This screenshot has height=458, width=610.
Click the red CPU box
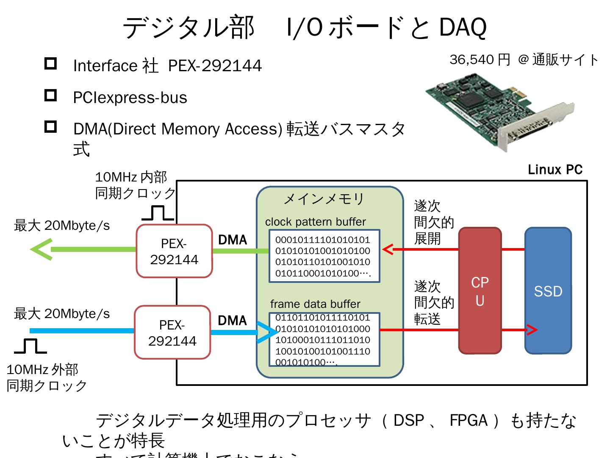pos(480,291)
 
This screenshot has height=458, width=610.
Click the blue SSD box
pos(548,291)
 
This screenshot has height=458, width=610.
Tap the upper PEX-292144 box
pos(174,251)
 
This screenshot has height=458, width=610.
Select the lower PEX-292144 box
pos(172,332)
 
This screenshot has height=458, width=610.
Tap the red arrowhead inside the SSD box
pos(532,330)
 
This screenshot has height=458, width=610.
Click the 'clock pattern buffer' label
pos(315,222)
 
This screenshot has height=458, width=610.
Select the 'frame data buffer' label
pos(315,304)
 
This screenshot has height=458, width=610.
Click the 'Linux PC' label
pos(555,170)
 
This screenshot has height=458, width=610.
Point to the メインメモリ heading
pos(324,198)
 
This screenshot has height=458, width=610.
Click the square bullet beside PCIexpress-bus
pos(50,95)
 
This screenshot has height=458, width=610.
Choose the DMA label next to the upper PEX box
pos(233,240)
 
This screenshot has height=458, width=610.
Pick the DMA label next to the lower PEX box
pos(232,321)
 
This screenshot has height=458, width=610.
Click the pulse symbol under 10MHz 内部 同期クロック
pos(158,213)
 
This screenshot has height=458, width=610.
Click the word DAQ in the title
pos(463,28)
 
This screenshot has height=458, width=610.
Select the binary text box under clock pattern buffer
pos(324,257)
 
